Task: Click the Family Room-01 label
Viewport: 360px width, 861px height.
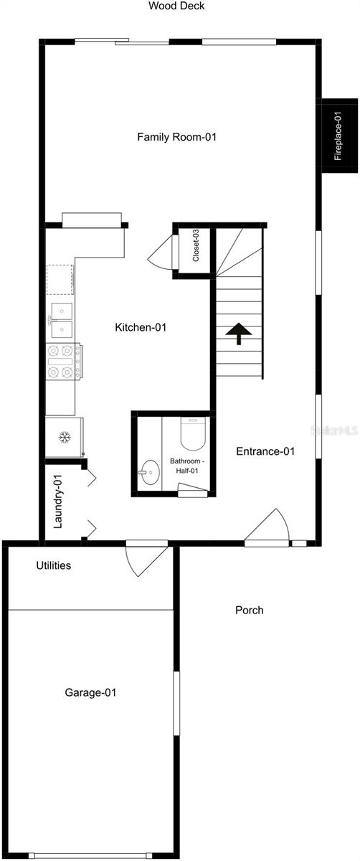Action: coord(176,137)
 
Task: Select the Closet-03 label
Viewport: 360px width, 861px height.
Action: coord(196,245)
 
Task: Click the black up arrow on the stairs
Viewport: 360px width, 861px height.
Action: coord(239,333)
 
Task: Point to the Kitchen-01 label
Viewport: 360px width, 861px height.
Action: coord(141,327)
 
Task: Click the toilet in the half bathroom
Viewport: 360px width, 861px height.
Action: coord(193,433)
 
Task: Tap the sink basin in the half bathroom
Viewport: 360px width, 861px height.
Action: coord(149,472)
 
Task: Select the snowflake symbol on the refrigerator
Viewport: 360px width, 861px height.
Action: coord(65,438)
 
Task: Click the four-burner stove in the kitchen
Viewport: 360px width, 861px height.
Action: coord(63,362)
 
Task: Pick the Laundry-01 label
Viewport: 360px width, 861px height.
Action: coord(57,502)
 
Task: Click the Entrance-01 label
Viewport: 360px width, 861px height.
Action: coord(265,451)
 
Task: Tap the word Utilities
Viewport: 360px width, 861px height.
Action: coord(53,565)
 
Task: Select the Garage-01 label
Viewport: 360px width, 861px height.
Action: coord(90,692)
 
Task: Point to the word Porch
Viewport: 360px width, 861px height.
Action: coord(250,611)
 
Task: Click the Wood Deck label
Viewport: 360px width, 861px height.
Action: coord(176,6)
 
